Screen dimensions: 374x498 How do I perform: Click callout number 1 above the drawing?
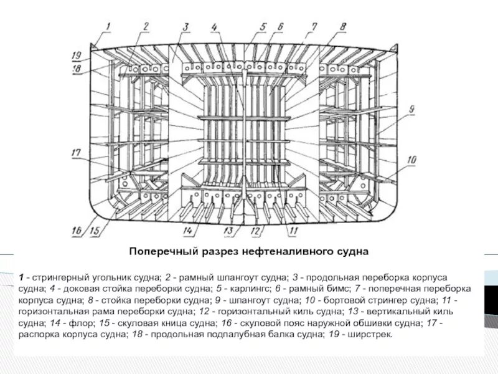click(x=107, y=26)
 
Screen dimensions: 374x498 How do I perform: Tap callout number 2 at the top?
click(x=145, y=26)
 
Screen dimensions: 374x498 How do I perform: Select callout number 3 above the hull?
click(x=186, y=26)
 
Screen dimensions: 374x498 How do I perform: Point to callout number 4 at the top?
click(x=214, y=26)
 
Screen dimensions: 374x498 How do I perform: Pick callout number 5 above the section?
click(x=263, y=26)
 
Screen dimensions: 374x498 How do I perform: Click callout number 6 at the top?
click(x=281, y=26)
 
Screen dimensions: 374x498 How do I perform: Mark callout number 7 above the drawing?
click(x=314, y=26)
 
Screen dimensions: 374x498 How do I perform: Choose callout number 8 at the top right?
click(x=343, y=26)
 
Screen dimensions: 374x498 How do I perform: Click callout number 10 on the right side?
click(x=411, y=160)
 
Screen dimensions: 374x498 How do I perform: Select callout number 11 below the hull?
click(x=293, y=231)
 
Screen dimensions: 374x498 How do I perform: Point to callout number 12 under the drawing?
click(x=255, y=231)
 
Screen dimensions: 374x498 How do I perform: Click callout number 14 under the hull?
click(x=187, y=231)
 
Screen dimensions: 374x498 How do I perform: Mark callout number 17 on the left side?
click(x=76, y=152)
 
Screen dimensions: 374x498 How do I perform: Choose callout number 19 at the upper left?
click(x=77, y=54)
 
